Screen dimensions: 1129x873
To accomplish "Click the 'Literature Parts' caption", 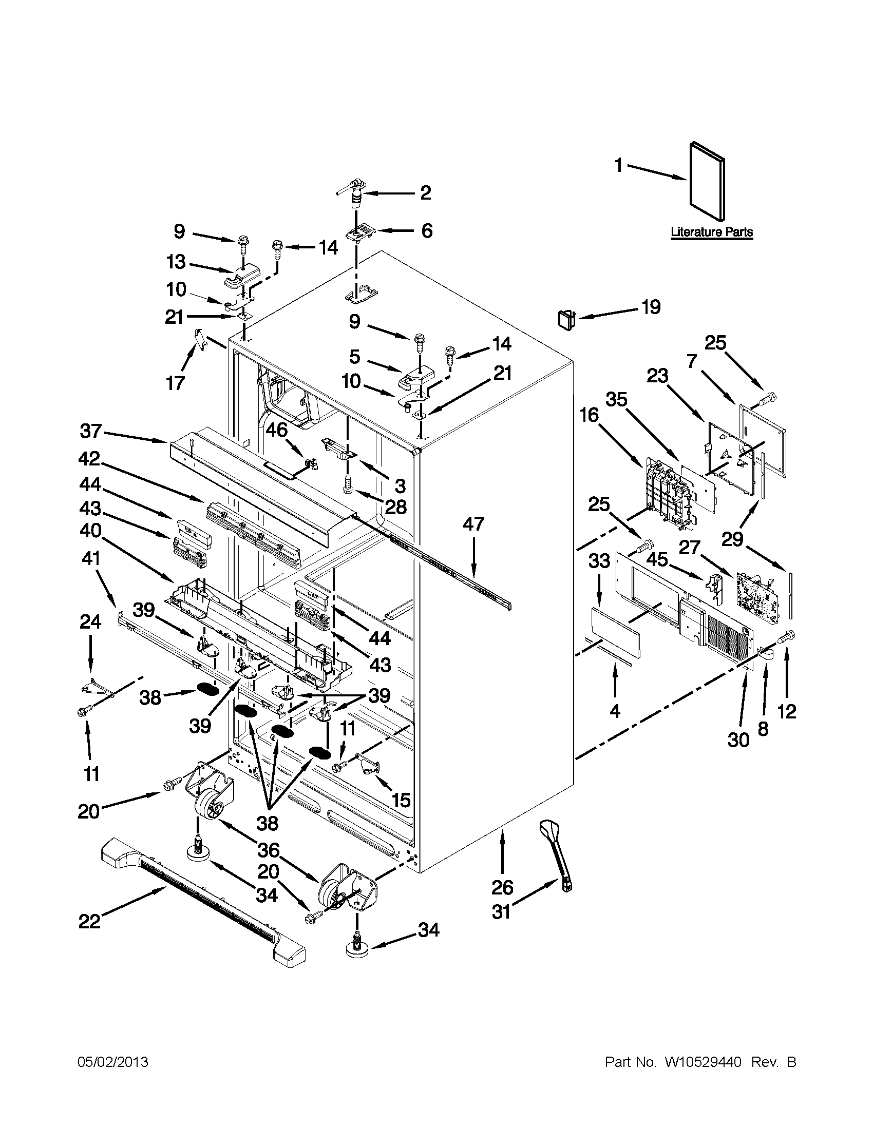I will (x=712, y=232).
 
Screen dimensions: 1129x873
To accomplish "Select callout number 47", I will (x=473, y=524).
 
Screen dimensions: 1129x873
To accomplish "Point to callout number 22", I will (x=89, y=921).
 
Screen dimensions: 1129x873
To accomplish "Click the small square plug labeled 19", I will (x=566, y=319).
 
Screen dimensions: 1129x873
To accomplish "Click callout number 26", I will (x=502, y=888).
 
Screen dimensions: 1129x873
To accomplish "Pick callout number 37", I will (x=91, y=430).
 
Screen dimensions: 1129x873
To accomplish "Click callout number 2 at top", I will (x=425, y=193).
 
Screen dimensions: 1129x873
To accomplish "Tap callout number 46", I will (x=277, y=430).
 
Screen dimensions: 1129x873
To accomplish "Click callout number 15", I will (x=401, y=800).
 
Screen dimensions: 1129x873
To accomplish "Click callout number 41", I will (x=90, y=558).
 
